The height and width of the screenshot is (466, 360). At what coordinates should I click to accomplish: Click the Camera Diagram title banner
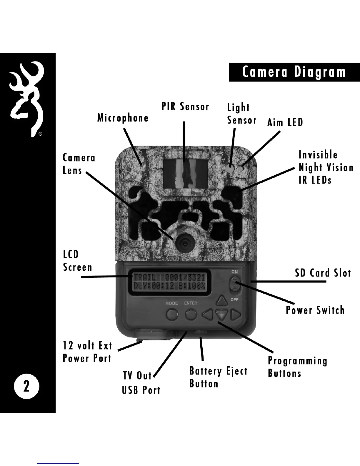coord(294,72)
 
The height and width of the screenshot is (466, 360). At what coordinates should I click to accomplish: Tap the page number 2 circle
coord(26,386)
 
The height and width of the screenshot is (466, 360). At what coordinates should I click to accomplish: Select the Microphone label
coord(123,118)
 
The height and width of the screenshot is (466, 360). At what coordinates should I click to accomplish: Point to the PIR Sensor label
coord(185,106)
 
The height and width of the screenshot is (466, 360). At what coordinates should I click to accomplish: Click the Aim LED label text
coord(285,122)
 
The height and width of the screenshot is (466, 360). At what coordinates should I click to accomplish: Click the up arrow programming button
coord(222,301)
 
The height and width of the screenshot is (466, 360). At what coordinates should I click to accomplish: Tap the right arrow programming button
coord(236,315)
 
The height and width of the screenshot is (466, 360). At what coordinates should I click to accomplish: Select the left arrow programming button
coord(208,315)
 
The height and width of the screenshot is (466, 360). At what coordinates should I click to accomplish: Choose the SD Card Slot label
coord(323,273)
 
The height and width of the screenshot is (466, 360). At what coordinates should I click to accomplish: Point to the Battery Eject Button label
coord(218,377)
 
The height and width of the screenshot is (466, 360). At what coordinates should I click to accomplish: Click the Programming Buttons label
coord(297,367)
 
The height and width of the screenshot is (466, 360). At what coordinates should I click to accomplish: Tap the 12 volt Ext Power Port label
coord(87,352)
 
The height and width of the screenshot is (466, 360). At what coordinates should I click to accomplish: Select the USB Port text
coord(141,390)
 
